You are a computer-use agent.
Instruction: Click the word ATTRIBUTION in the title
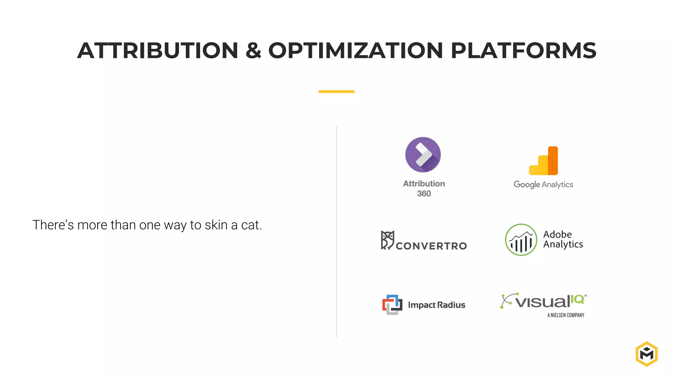[x=158, y=51]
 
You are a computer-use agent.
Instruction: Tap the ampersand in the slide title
[x=253, y=51]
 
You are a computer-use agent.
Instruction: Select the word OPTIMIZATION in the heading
[x=356, y=51]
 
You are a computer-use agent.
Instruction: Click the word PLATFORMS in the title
[x=523, y=51]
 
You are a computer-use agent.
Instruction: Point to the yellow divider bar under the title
[x=336, y=92]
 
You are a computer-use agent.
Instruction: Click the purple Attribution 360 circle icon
[x=423, y=155]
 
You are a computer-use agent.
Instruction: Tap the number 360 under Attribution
[x=424, y=194]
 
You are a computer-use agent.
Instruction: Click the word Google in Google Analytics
[x=527, y=185]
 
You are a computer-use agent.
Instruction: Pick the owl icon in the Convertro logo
[x=387, y=240]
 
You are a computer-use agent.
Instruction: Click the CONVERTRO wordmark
[x=431, y=246]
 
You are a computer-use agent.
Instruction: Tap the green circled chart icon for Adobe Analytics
[x=521, y=240]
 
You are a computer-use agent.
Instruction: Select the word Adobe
[x=557, y=234]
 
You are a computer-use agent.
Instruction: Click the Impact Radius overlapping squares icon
[x=392, y=304]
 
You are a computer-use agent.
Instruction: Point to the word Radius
[x=451, y=305]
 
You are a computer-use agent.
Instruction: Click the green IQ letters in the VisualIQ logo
[x=577, y=299]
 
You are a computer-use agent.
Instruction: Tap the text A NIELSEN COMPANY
[x=566, y=315]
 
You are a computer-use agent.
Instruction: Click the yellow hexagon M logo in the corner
[x=646, y=354]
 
